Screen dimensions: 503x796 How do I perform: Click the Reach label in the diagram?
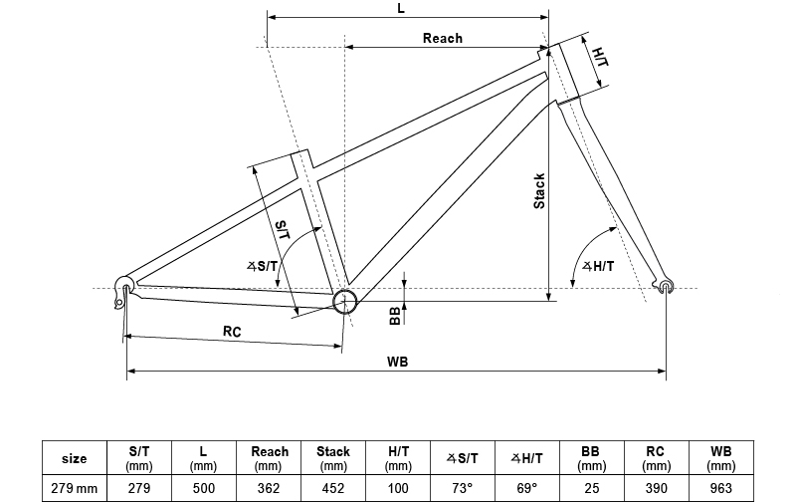[x=443, y=38]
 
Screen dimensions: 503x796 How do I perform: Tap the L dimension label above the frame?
[x=401, y=8]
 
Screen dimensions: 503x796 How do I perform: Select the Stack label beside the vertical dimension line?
[x=539, y=191]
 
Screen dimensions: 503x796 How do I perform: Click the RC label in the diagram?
[x=232, y=331]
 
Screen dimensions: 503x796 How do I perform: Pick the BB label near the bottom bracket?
[x=395, y=315]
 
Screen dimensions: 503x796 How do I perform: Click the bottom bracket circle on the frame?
[x=344, y=302]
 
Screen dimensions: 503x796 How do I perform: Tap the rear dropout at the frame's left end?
[x=122, y=285]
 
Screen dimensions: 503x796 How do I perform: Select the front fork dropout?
[x=666, y=287]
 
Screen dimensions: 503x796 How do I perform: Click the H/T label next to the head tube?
[x=600, y=57]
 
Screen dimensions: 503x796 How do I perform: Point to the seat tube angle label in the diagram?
[x=265, y=266]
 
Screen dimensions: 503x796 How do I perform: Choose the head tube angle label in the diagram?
[x=598, y=266]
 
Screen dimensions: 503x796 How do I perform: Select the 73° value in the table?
[x=462, y=488]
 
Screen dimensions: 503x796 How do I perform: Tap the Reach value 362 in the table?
[x=269, y=488]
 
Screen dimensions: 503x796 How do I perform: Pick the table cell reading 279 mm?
[x=74, y=488]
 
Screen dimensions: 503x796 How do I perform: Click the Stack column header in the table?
[x=333, y=458]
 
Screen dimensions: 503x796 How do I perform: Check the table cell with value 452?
[x=333, y=488]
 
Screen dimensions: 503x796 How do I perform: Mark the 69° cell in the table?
[x=526, y=488]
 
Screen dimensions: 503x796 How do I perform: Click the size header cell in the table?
[x=74, y=458]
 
